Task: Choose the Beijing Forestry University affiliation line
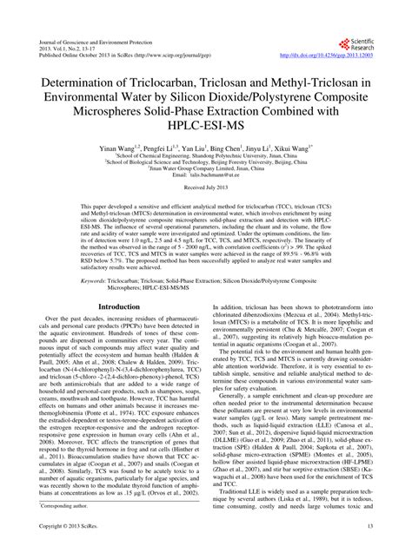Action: [206, 181]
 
